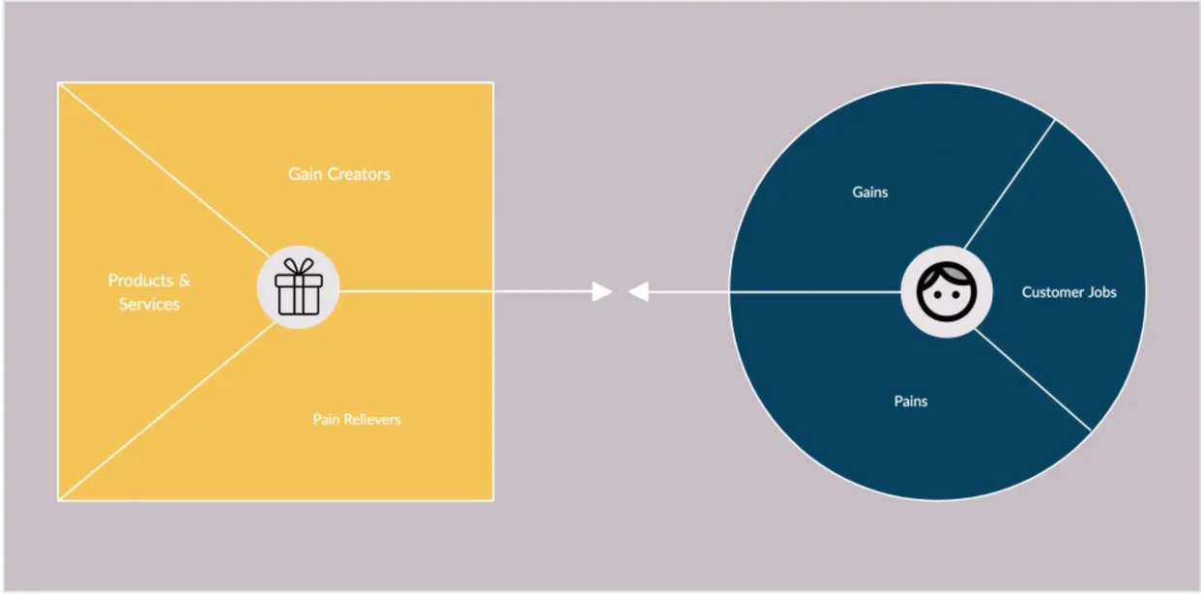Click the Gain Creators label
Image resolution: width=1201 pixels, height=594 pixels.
(339, 174)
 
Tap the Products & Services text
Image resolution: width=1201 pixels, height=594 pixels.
(149, 292)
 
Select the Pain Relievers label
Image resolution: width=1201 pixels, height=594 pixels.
(356, 420)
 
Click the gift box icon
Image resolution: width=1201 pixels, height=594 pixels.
(298, 287)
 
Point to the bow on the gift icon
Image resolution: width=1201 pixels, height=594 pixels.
(298, 266)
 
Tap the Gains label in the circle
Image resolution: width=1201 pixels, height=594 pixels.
(869, 193)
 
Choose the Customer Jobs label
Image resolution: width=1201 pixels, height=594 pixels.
(1069, 292)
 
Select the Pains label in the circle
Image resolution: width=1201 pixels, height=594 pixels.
(910, 401)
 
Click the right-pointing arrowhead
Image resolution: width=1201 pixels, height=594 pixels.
(602, 291)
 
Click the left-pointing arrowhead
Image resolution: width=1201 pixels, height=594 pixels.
(638, 291)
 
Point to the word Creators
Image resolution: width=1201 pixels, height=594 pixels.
(359, 174)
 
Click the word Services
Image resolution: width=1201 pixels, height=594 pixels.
(149, 305)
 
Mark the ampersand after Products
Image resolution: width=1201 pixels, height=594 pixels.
(185, 281)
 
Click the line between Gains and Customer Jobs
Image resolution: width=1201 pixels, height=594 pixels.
(1011, 182)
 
